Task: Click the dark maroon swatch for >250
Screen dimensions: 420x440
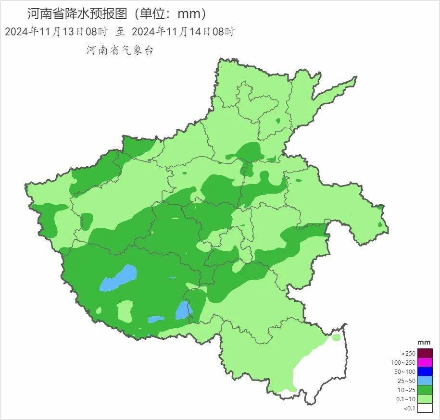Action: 425,353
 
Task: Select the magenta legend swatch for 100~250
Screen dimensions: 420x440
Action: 425,362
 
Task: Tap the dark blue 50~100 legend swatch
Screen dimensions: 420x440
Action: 425,371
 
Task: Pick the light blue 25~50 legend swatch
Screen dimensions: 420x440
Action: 425,380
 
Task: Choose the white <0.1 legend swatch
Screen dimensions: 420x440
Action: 425,408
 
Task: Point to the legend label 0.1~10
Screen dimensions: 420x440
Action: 407,399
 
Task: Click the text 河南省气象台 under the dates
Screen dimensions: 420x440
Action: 120,50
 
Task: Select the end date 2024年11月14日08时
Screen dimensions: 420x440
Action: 183,32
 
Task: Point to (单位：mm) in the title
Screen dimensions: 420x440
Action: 171,13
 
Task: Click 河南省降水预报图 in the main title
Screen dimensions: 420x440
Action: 77,13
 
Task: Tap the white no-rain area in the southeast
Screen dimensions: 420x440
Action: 320,370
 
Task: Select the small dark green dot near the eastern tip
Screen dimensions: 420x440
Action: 380,224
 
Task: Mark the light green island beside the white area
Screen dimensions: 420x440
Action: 336,337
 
